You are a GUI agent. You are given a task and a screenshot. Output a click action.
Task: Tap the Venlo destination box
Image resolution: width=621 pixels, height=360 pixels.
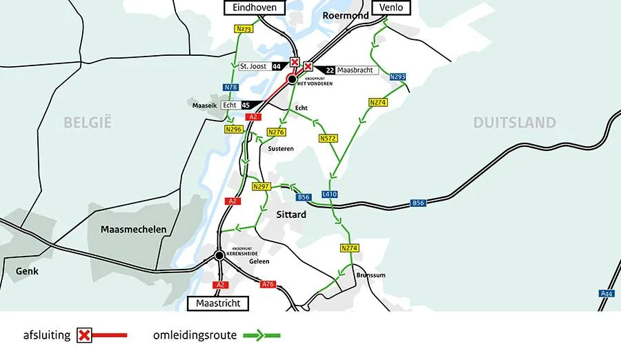(x=391, y=8)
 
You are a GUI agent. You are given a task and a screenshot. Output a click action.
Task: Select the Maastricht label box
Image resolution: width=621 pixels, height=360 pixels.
(x=217, y=303)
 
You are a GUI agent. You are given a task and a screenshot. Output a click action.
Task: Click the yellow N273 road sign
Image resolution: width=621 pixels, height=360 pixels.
(x=244, y=29)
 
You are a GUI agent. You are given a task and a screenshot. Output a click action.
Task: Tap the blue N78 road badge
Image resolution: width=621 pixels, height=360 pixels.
(x=230, y=88)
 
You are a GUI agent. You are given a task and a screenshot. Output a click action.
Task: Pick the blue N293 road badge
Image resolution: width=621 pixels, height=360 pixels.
(x=397, y=77)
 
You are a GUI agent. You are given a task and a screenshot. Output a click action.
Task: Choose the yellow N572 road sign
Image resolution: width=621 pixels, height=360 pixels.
(x=328, y=139)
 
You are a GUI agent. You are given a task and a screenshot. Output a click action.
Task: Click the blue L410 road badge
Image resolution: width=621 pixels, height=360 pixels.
(x=330, y=195)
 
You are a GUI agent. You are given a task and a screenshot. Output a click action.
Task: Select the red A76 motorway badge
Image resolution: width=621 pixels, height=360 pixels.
(x=268, y=283)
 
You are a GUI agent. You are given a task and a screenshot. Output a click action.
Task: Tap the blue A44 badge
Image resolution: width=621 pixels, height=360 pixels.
(x=607, y=294)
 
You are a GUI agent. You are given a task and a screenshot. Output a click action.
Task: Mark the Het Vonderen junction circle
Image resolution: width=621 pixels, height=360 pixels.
(x=293, y=80)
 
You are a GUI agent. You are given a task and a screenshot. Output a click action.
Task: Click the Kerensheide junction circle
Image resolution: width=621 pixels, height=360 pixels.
(x=219, y=255)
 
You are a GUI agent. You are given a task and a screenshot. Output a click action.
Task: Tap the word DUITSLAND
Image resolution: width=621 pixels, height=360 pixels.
(x=514, y=123)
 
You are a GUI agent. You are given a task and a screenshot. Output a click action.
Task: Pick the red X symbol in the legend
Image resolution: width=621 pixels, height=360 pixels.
(x=84, y=335)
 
